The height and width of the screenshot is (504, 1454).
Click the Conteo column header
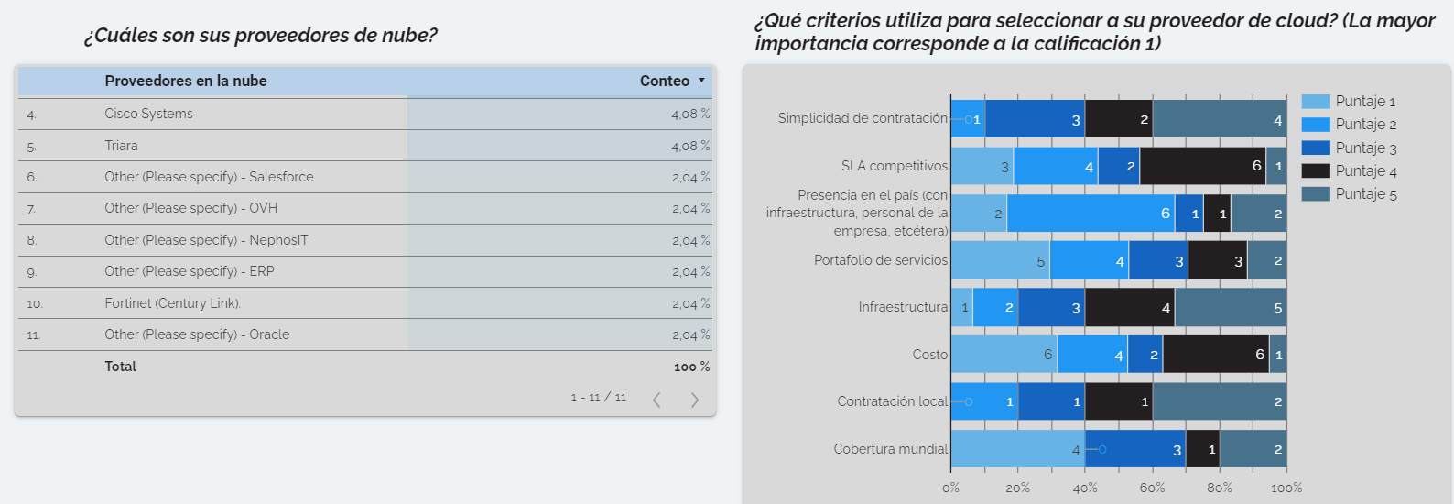click(x=664, y=81)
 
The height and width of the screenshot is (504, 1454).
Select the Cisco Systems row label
click(x=148, y=114)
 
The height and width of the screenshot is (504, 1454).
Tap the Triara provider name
click(x=121, y=146)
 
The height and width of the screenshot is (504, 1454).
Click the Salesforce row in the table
click(x=209, y=177)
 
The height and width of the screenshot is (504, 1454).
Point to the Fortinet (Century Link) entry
click(x=172, y=303)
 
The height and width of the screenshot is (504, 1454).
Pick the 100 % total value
click(x=691, y=367)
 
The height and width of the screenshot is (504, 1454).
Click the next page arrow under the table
click(x=695, y=400)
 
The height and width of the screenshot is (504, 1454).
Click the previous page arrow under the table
click(x=656, y=400)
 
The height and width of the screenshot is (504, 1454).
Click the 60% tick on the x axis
click(x=1152, y=488)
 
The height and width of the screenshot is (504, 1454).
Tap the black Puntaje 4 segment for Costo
click(x=1216, y=355)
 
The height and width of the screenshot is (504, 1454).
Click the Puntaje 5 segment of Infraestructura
click(x=1230, y=308)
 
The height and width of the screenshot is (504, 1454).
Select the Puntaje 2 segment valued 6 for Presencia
click(x=1090, y=214)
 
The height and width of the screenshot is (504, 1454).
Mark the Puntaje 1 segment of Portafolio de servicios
click(x=1000, y=261)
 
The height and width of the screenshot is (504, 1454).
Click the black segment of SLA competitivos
click(x=1202, y=166)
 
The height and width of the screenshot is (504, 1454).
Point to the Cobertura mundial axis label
click(x=890, y=449)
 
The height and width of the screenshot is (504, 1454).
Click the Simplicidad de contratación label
click(x=863, y=118)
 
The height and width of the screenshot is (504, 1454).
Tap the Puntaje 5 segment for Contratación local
click(x=1219, y=401)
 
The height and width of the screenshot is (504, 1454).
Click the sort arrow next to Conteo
click(x=702, y=81)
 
